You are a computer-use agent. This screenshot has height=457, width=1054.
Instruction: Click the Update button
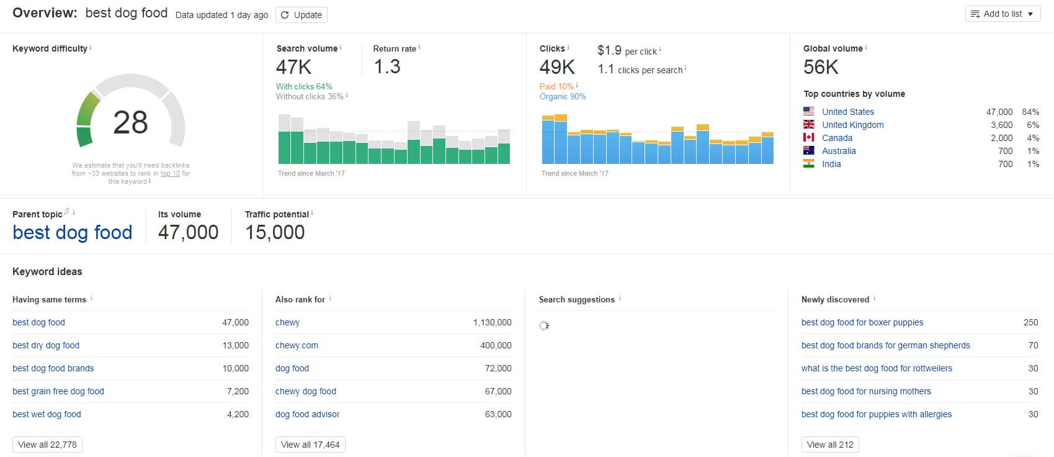301,15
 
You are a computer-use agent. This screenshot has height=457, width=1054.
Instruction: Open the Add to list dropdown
1003,14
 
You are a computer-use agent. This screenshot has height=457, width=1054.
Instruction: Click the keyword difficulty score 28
130,122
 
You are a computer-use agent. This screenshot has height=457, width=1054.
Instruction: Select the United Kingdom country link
852,125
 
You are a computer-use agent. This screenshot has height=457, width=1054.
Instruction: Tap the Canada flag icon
808,138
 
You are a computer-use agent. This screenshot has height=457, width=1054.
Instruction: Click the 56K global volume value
821,67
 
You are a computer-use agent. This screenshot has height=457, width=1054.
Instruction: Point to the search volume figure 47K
294,67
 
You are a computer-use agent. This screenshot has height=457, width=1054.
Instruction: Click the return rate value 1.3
387,67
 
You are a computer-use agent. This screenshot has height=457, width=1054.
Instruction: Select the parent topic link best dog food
73,232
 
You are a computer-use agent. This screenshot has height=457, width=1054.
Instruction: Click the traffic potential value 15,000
275,232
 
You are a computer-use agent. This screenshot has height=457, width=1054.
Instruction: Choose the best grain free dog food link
58,391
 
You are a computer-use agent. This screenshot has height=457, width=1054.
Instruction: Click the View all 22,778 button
48,445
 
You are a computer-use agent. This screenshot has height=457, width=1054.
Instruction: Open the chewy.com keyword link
297,345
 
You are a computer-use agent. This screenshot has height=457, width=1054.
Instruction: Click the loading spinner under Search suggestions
544,325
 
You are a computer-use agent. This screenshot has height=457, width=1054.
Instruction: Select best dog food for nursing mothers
866,391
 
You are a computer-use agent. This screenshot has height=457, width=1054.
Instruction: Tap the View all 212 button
830,445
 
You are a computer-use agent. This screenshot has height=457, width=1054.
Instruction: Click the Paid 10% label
556,86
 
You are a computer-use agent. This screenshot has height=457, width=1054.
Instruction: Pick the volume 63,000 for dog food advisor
498,414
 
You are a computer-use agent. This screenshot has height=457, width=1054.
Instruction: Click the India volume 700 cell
1006,164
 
